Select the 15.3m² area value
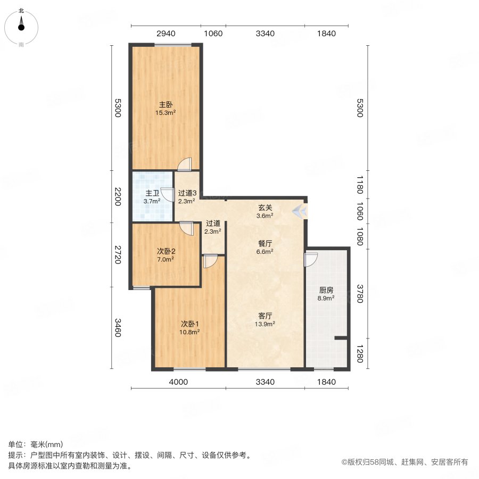tap(166, 113)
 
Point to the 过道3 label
tap(187, 193)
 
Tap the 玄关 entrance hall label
tap(266, 208)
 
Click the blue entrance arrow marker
tap(299, 211)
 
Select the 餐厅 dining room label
tap(266, 243)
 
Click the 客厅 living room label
tap(266, 315)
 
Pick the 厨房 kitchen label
tap(326, 290)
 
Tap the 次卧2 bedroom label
tap(166, 251)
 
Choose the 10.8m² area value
tap(189, 332)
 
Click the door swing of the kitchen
tap(310, 259)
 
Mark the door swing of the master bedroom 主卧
tap(184, 165)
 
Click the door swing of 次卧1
tap(210, 262)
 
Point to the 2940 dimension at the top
tap(166, 34)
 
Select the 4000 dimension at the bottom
tap(178, 382)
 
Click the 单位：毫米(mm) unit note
tap(36, 445)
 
